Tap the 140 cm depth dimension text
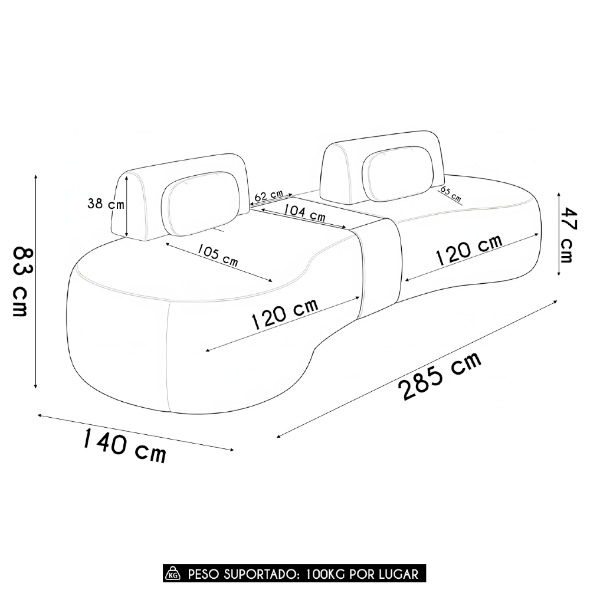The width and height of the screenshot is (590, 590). point(124,446)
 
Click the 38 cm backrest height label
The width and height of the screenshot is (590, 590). point(106,204)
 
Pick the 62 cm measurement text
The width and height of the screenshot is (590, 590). point(269,195)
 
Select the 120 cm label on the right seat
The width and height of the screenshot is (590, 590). point(468,250)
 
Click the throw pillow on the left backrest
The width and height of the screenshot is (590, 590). point(200,202)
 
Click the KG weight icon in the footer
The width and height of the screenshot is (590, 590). point(173,573)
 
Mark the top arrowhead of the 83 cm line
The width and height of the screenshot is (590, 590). point(36,177)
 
